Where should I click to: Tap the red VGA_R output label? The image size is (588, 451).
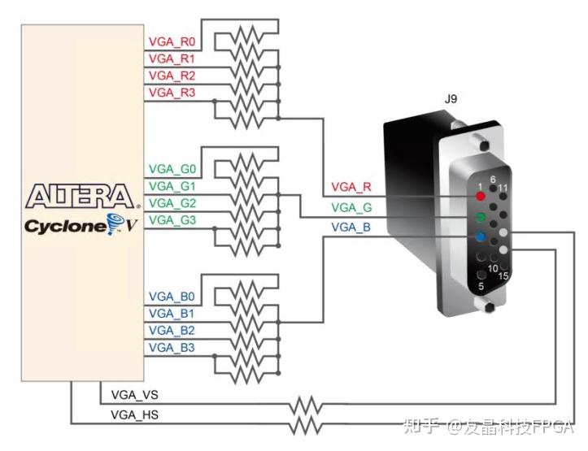point(351,188)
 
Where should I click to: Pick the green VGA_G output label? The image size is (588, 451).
point(351,207)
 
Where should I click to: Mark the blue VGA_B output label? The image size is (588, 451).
point(351,228)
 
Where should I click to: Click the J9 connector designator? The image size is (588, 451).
point(450,99)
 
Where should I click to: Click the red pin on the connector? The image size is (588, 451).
point(481,197)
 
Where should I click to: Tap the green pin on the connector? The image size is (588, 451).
point(481,217)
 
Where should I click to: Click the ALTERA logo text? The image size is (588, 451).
point(79,197)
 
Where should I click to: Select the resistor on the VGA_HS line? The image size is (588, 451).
point(308,423)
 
